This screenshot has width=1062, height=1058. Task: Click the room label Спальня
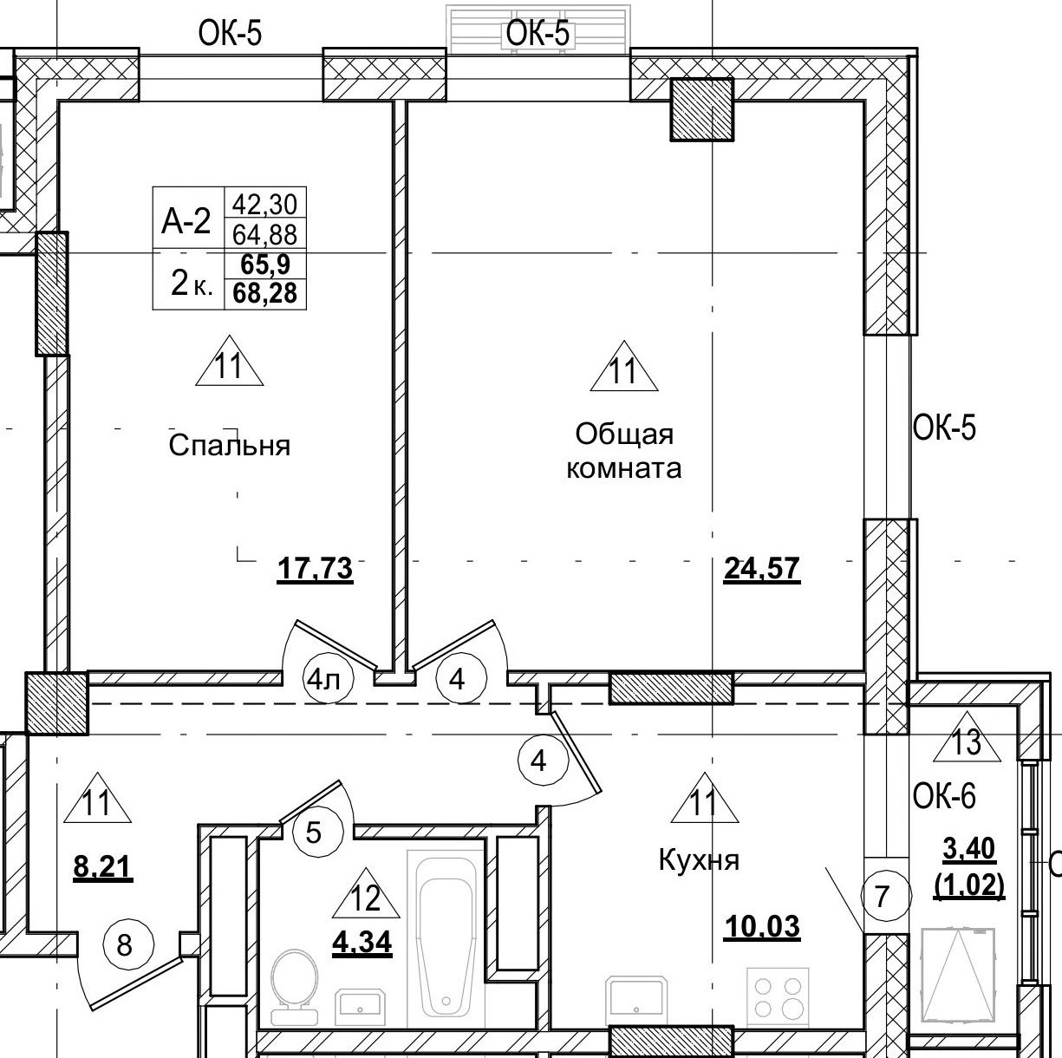[229, 446]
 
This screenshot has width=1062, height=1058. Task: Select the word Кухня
[699, 860]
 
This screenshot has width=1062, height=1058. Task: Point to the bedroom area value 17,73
[315, 570]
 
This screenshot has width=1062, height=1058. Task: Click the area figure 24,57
[761, 570]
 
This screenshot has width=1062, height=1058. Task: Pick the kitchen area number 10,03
[761, 927]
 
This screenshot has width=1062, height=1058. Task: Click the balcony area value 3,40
[969, 847]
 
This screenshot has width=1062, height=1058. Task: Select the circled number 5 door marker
[314, 833]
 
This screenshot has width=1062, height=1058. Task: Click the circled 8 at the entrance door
[125, 944]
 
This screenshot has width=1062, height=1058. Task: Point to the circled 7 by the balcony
[883, 896]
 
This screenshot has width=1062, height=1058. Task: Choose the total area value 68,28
[265, 293]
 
